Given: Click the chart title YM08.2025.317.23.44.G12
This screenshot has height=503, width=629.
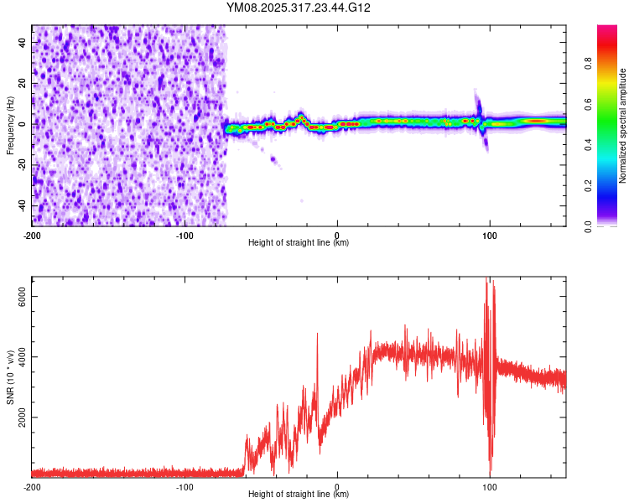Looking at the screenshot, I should (299, 8).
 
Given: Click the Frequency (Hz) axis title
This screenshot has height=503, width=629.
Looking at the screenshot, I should (10, 126).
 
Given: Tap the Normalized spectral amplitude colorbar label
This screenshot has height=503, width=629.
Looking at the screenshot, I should (623, 126).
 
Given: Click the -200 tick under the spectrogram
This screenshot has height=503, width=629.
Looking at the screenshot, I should (32, 235).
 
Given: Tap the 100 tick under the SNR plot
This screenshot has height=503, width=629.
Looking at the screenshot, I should (490, 486).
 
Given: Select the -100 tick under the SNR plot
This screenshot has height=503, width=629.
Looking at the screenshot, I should (185, 486).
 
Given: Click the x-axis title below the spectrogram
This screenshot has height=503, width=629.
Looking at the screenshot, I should (299, 243).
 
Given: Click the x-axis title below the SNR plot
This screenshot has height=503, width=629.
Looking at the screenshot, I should (299, 495).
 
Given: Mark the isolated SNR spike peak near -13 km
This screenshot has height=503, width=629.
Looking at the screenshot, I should (317, 334).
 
